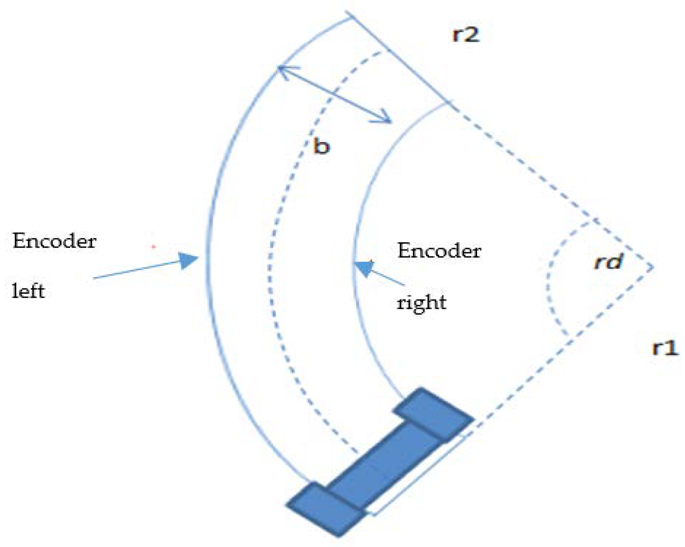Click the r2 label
click(466, 35)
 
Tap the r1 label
click(665, 348)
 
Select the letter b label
click(321, 146)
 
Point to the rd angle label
click(608, 262)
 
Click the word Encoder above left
click(54, 241)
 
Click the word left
click(28, 291)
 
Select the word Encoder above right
click(439, 251)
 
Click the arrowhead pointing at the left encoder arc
click(188, 260)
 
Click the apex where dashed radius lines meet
click(652, 268)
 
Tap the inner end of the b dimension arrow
click(390, 121)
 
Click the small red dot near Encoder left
click(154, 247)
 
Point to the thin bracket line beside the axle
click(421, 476)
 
